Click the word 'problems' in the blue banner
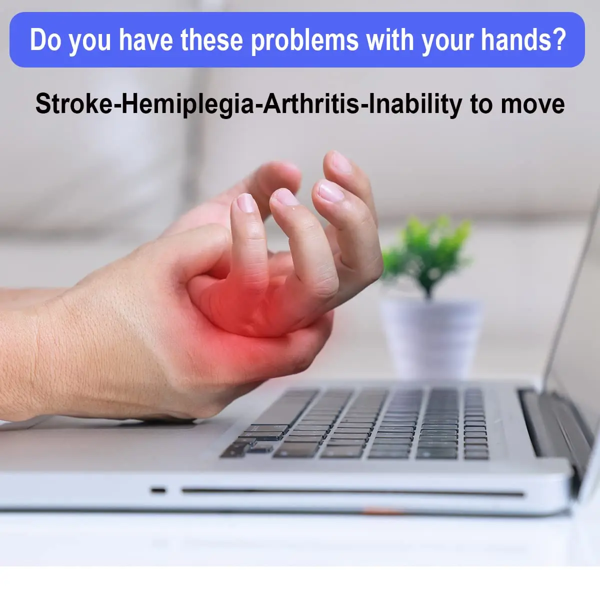coord(304,40)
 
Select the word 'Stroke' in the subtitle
coord(74,104)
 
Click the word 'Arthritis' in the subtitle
coord(311,104)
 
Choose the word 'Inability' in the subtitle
coord(415,104)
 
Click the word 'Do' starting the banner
coord(45,40)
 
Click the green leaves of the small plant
coord(427,252)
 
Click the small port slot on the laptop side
coord(158,490)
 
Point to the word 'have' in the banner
coord(146,40)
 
